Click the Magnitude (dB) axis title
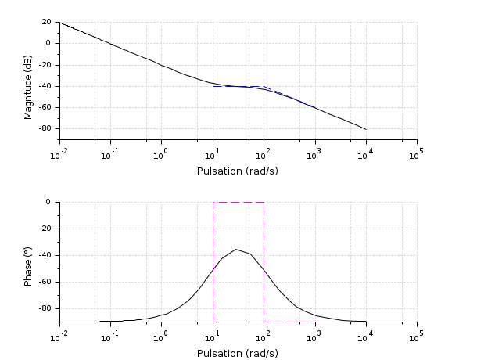point(28,81)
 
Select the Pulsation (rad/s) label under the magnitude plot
point(238,170)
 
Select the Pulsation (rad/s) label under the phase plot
point(238,353)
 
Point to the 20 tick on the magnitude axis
point(46,22)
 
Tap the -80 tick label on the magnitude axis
point(45,128)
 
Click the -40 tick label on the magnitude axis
point(45,86)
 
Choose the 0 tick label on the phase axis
point(48,202)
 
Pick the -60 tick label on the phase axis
point(45,282)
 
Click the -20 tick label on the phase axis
point(45,229)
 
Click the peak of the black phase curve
point(235,250)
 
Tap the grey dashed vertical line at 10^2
point(264,297)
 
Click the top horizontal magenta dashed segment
point(238,202)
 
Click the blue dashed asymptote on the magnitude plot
point(235,86)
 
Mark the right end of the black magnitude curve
point(365,129)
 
